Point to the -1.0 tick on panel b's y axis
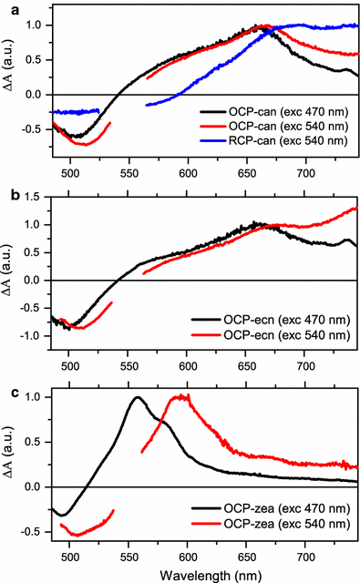(30, 336)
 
